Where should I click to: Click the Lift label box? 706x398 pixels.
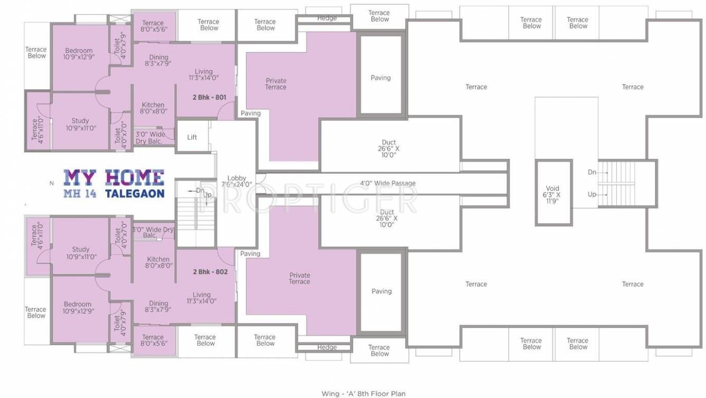pyautogui.click(x=192, y=137)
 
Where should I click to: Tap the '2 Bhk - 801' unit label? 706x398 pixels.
pyautogui.click(x=210, y=98)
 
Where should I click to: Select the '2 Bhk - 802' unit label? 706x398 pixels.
pyautogui.click(x=210, y=272)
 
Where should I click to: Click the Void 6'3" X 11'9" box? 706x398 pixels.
pyautogui.click(x=553, y=194)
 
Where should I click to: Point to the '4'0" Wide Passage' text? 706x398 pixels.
pyautogui.click(x=387, y=183)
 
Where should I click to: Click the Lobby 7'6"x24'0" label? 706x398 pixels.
pyautogui.click(x=236, y=181)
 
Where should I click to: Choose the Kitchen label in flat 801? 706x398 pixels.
pyautogui.click(x=153, y=108)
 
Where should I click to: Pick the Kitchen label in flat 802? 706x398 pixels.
pyautogui.click(x=159, y=263)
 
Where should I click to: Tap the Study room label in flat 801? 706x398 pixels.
pyautogui.click(x=80, y=124)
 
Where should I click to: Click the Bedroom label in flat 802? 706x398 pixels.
pyautogui.click(x=78, y=308)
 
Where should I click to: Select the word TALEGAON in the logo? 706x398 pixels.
pyautogui.click(x=135, y=194)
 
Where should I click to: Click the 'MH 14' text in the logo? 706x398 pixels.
pyautogui.click(x=80, y=194)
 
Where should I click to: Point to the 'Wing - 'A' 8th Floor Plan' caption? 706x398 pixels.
pyautogui.click(x=364, y=393)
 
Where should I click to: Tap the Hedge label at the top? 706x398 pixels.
pyautogui.click(x=327, y=18)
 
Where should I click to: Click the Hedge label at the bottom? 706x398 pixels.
pyautogui.click(x=327, y=347)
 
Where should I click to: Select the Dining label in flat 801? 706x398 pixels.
pyautogui.click(x=159, y=60)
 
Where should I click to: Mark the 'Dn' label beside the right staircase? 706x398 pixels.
pyautogui.click(x=592, y=172)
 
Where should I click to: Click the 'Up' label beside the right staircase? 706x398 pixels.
pyautogui.click(x=592, y=195)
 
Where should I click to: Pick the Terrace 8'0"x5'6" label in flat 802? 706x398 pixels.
pyautogui.click(x=153, y=340)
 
